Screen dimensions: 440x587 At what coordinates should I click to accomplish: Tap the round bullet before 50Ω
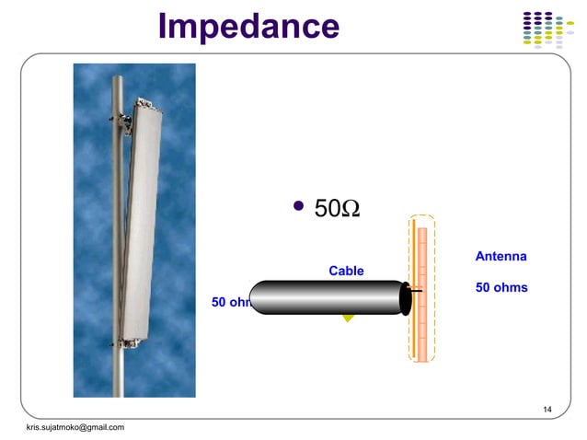click(x=297, y=205)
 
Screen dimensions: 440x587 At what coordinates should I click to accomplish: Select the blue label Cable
click(x=346, y=271)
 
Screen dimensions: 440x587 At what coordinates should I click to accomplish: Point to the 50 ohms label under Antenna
click(x=501, y=287)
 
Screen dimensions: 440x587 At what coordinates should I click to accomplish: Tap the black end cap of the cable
click(x=406, y=297)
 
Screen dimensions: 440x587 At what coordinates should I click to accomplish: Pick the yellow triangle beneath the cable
click(x=348, y=318)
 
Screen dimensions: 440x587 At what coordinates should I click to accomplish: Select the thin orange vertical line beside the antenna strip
click(x=414, y=276)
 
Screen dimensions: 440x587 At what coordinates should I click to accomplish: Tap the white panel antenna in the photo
click(x=145, y=221)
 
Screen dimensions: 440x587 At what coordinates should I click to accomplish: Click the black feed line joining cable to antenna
click(x=416, y=291)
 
